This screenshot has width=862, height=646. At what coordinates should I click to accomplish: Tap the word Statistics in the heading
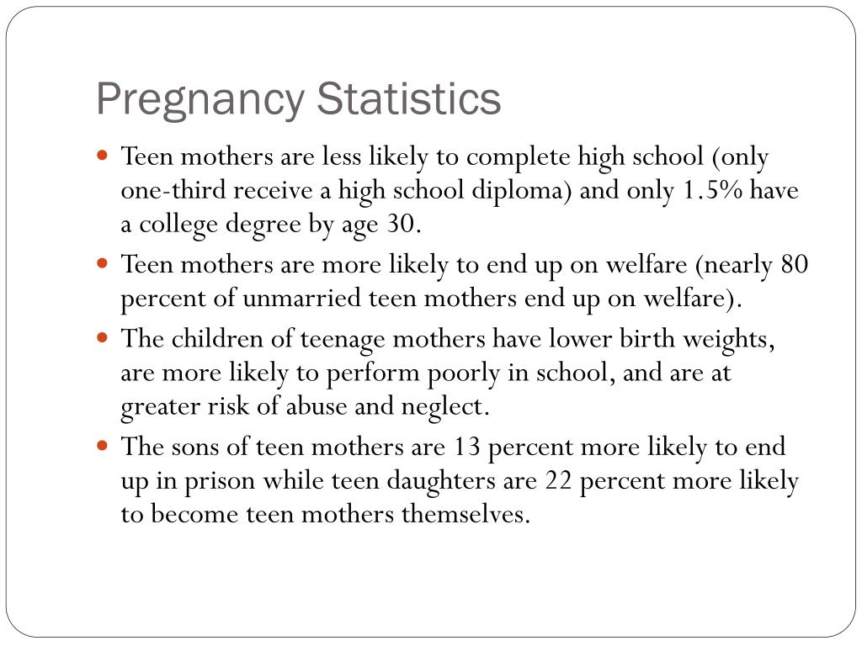[408, 98]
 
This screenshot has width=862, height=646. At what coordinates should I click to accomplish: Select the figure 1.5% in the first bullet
[713, 191]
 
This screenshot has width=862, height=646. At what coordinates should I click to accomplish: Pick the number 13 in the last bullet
[466, 446]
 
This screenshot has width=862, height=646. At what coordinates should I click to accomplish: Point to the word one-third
[173, 191]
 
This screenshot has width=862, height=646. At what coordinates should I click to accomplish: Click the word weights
[728, 339]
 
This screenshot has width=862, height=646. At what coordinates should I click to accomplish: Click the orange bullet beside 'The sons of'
[102, 445]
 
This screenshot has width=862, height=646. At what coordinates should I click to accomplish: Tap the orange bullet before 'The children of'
[102, 336]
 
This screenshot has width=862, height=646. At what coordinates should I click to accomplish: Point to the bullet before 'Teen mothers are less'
[102, 155]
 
